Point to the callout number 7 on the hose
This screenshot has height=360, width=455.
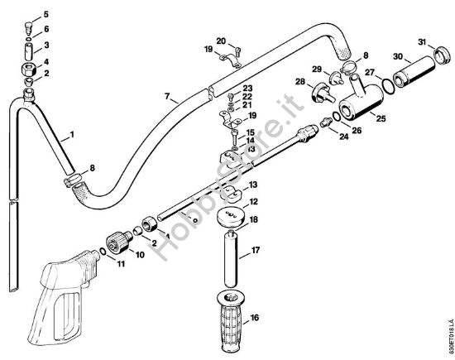(170, 98)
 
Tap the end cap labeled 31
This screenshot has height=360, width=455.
(437, 56)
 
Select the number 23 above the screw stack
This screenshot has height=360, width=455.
(247, 88)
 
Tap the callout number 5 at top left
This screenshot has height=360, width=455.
(45, 15)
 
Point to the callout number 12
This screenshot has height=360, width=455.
(254, 201)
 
